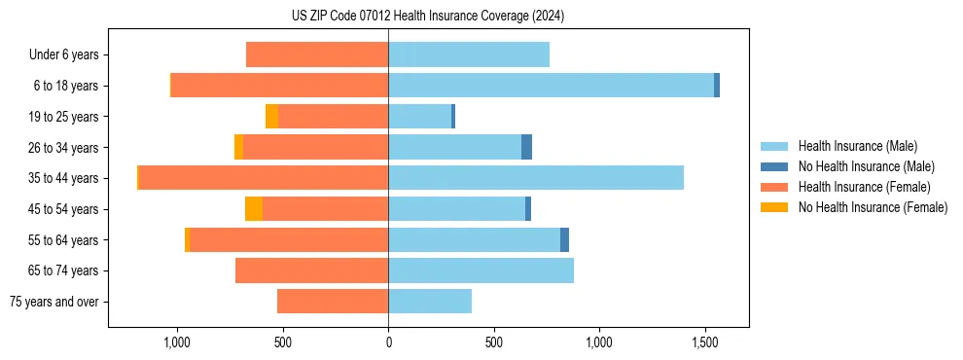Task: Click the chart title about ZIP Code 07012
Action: coord(427,16)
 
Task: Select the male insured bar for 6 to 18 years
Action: coord(551,86)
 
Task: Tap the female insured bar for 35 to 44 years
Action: coord(264,178)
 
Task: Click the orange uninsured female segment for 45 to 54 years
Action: coord(254,209)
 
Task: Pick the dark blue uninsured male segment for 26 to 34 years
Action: coord(526,147)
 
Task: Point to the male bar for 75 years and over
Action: coord(430,302)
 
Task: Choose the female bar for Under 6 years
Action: coord(317,54)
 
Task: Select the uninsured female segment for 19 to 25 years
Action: coord(271,117)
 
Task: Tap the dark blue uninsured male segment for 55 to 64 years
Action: coord(564,240)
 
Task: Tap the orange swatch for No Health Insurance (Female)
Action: coord(774,207)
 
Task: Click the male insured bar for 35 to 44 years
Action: coord(535,178)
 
